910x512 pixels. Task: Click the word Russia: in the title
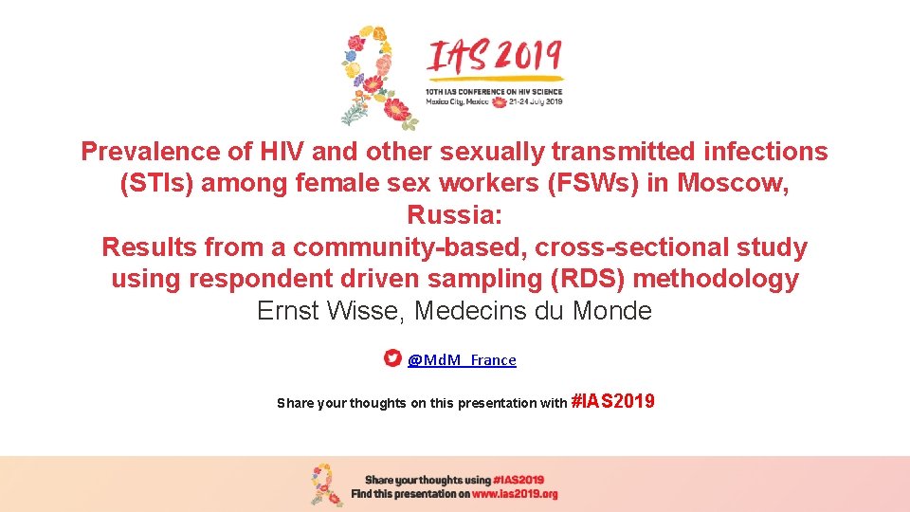click(x=454, y=216)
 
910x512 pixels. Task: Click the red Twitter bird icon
click(x=392, y=358)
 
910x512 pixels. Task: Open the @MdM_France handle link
click(x=463, y=360)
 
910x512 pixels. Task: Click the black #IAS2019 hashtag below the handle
click(x=612, y=402)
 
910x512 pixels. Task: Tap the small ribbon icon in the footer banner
click(x=328, y=485)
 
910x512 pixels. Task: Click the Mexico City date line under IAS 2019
click(x=493, y=101)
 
